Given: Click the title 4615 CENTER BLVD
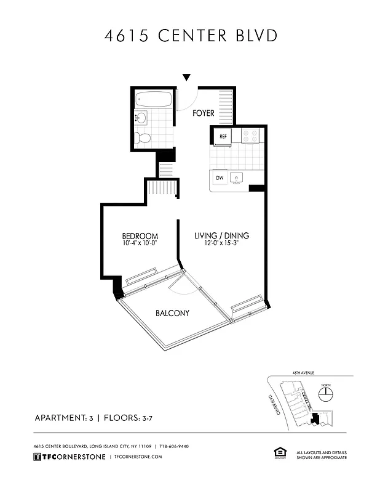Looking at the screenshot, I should pos(190,36).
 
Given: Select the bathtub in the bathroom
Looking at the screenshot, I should pos(154,99).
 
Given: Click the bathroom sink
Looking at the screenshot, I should pos(141,118).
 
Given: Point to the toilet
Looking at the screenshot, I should pos(143,139).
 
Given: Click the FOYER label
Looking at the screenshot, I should pos(203,113).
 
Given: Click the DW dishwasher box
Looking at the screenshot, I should pos(219,178).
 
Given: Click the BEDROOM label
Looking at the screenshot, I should pos(140,236).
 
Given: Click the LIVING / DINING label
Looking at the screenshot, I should pos(221,236).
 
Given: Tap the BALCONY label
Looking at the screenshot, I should pos(172,313).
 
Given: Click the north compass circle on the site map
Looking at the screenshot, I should pos(325,393).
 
